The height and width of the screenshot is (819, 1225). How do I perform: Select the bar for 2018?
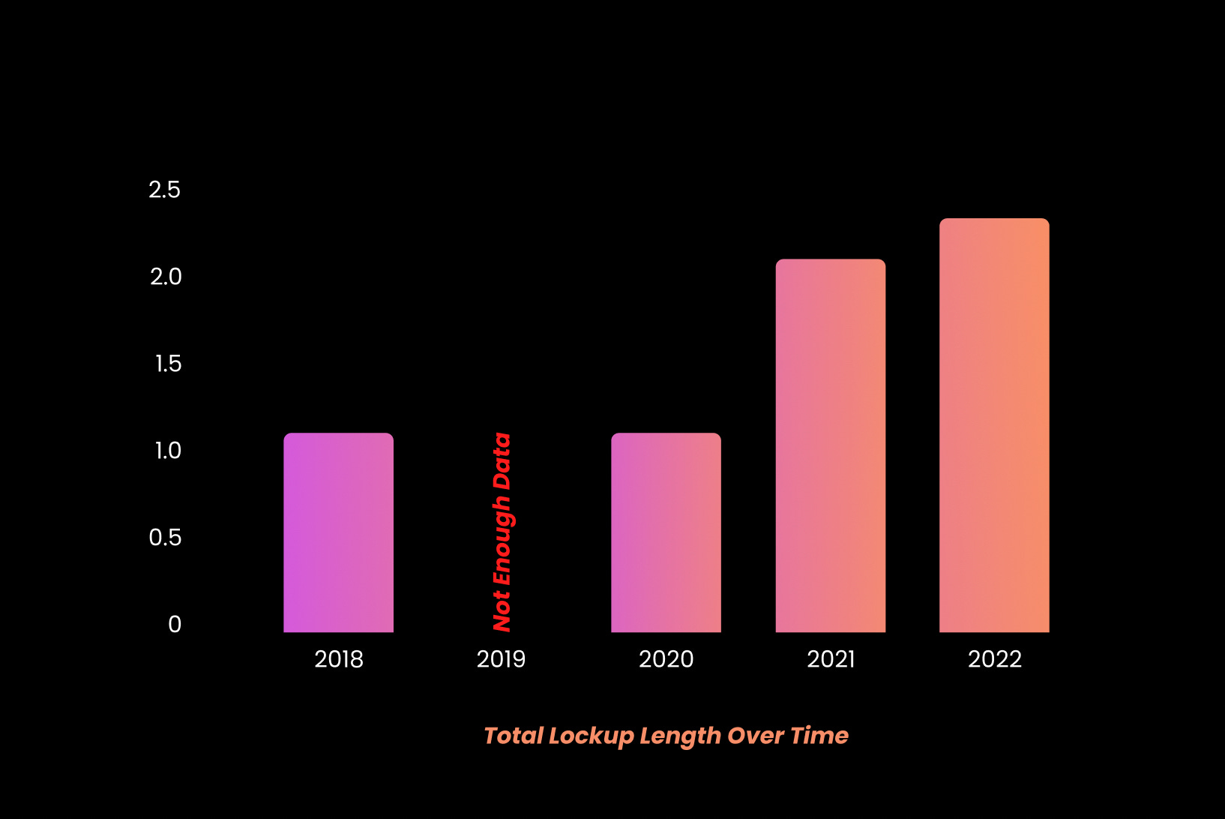[338, 532]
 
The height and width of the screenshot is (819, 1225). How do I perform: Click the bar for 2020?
[666, 532]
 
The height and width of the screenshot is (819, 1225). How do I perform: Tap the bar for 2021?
[830, 445]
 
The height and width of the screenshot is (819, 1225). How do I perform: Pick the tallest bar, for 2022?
[994, 425]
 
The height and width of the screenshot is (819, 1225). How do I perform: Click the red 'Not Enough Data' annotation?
[502, 532]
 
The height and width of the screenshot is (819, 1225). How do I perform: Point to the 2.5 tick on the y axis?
[165, 190]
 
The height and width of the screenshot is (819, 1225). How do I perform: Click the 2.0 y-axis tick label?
[166, 277]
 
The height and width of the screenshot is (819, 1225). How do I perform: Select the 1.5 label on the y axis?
[168, 364]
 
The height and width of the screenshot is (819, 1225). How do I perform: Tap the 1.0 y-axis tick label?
[168, 451]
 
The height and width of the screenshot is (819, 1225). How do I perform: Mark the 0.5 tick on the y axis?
[165, 538]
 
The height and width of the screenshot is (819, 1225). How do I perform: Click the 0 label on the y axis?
[175, 624]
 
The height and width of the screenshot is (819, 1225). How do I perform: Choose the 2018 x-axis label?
[339, 659]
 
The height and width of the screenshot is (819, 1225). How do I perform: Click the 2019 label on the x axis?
[501, 659]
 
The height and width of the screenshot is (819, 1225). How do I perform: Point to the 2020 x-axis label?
[666, 659]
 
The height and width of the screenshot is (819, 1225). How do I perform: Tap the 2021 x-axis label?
[831, 659]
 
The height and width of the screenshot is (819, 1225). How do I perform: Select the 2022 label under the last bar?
[995, 659]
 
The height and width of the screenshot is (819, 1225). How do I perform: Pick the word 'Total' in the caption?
[514, 736]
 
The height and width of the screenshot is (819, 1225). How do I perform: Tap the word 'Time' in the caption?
[819, 736]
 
